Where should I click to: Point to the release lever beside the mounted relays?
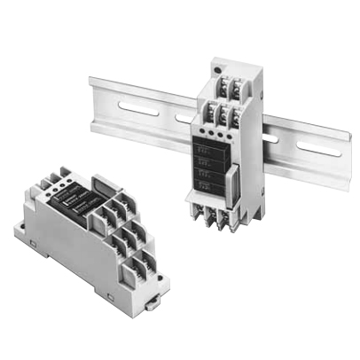pos(231,184)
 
